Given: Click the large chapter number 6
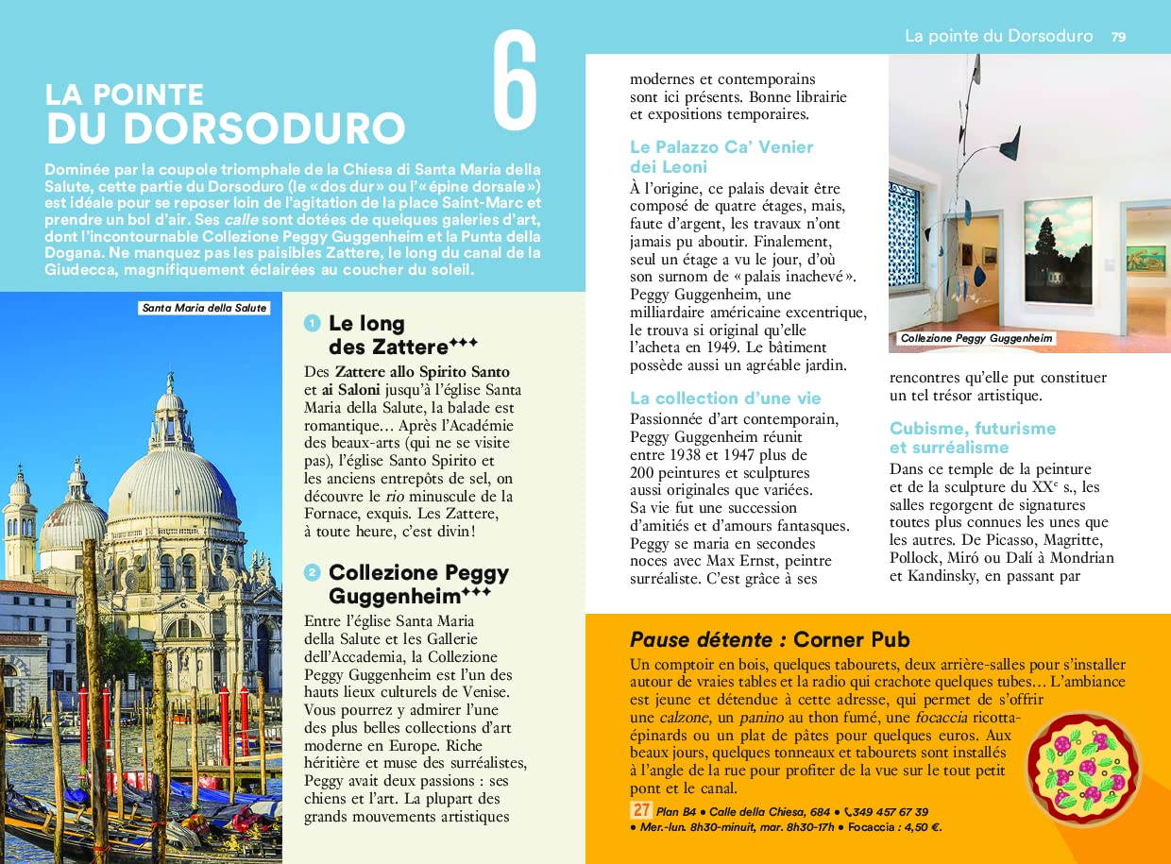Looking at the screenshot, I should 515,83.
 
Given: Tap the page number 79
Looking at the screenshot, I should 1118,37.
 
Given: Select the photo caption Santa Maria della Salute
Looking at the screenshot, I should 204,308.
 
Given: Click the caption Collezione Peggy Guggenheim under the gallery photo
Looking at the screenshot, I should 976,338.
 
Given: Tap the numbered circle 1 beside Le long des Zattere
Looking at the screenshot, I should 312,324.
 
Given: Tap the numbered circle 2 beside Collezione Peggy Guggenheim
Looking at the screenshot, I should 312,572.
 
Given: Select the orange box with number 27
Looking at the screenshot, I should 640,811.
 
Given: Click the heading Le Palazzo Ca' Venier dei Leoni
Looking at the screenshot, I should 721,156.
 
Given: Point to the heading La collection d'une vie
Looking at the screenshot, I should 725,398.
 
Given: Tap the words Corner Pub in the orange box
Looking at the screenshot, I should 851,639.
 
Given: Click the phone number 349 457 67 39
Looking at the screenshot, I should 891,812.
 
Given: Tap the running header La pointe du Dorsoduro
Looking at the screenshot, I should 998,37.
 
